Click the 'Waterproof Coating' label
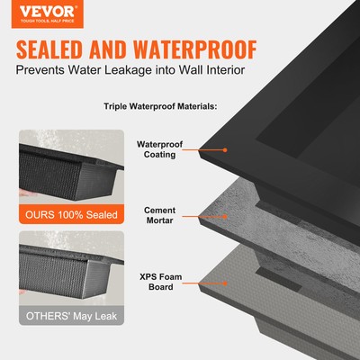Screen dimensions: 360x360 pyautogui.click(x=157, y=148)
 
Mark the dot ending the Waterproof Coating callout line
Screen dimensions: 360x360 pyautogui.click(x=225, y=149)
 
